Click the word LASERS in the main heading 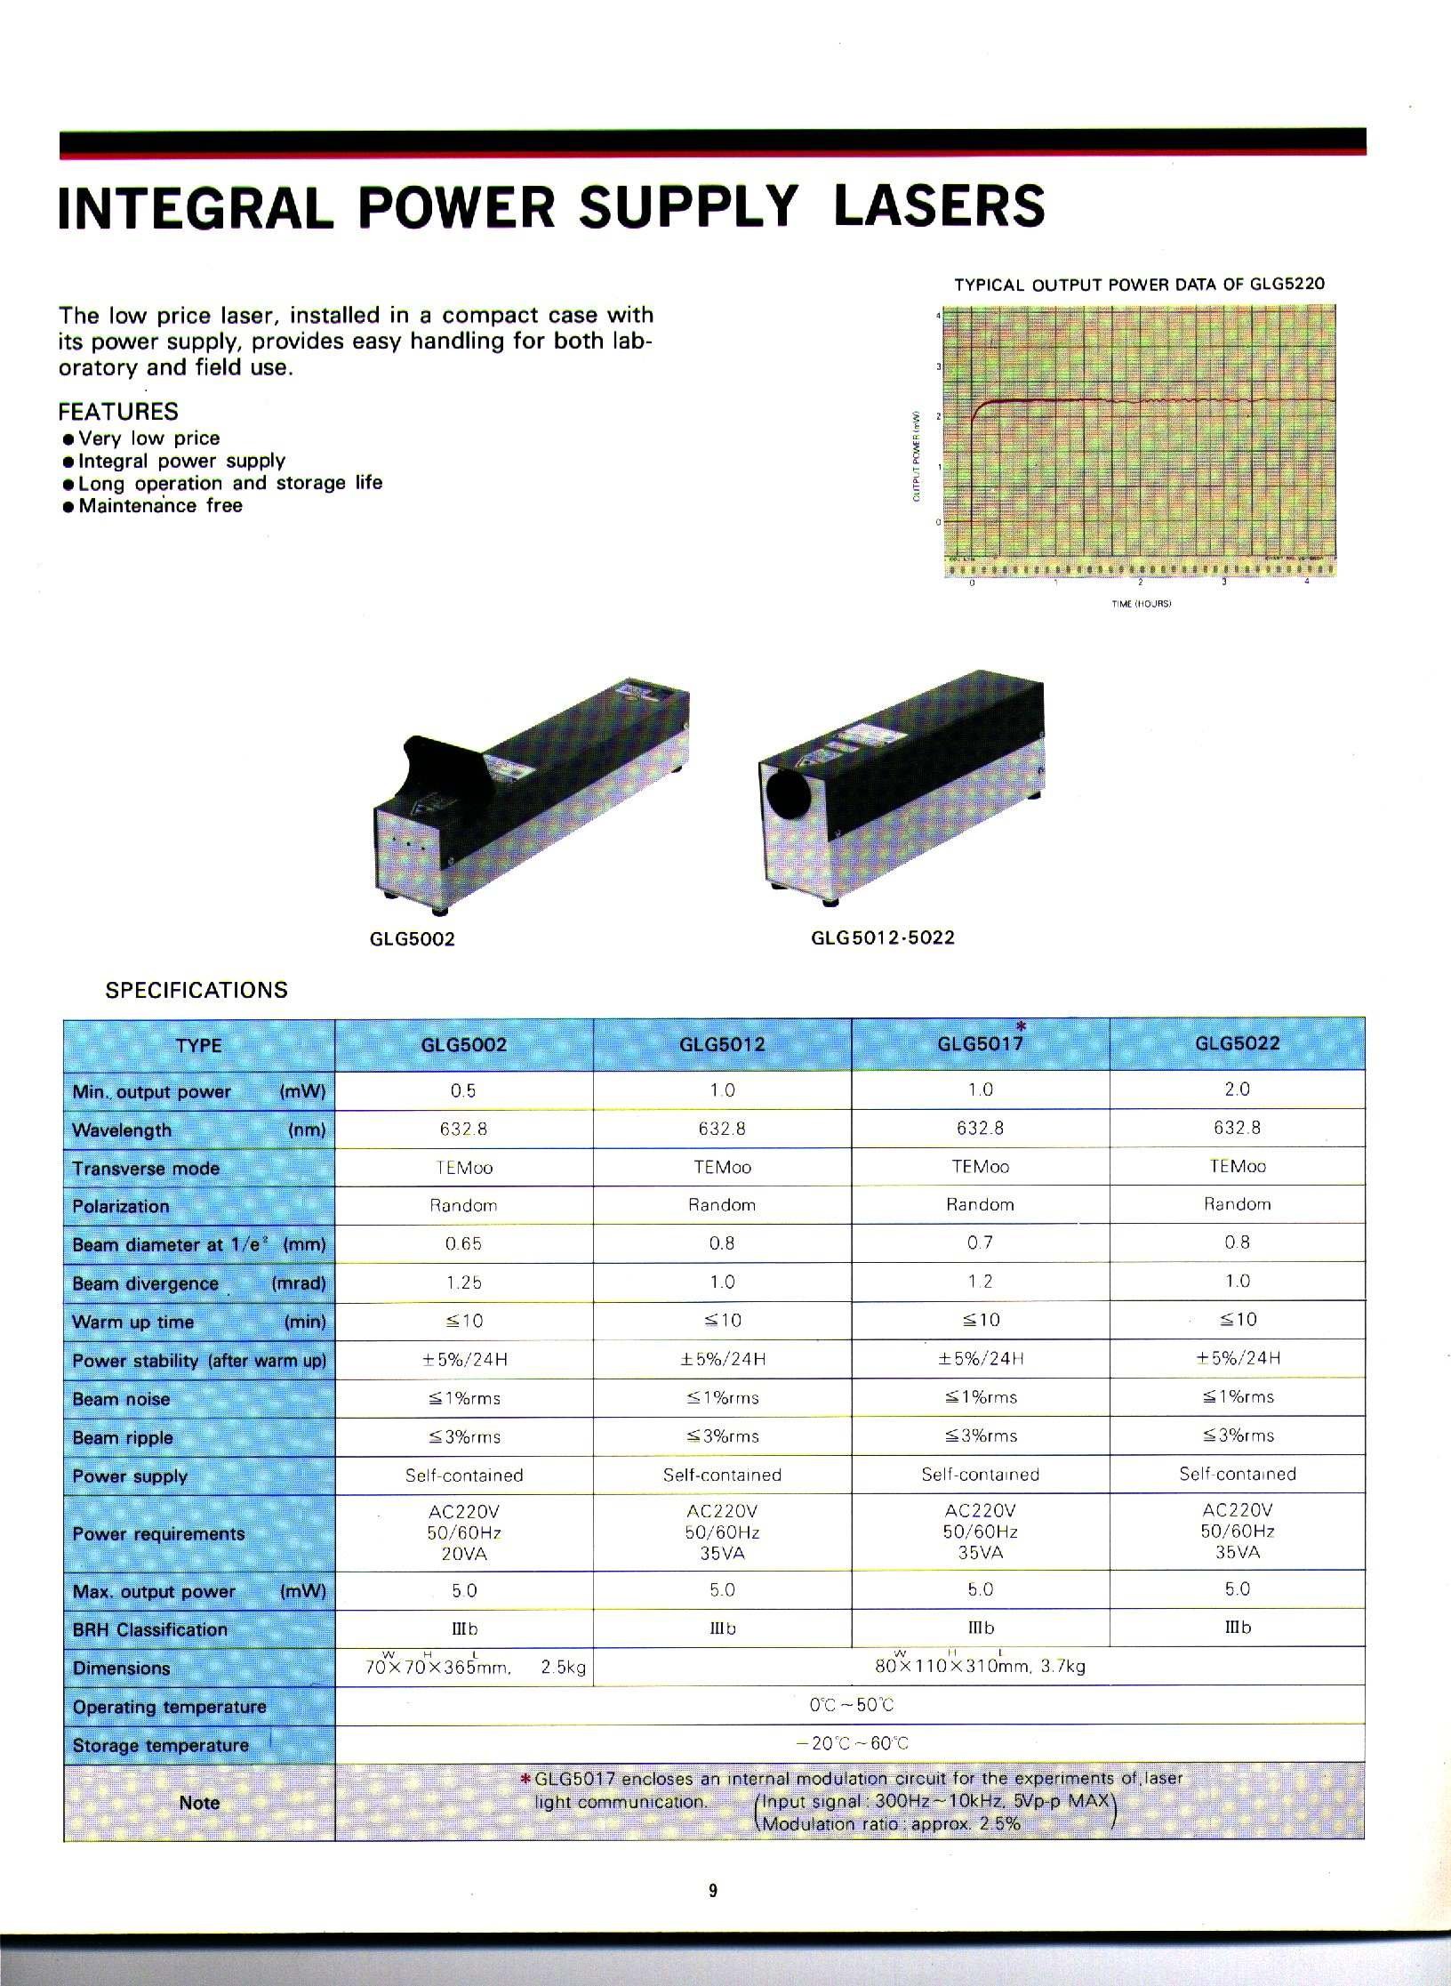pyautogui.click(x=939, y=206)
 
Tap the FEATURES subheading pyautogui.click(x=118, y=412)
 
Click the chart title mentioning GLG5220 pyautogui.click(x=1139, y=285)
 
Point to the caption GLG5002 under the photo pyautogui.click(x=412, y=939)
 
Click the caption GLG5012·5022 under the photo pyautogui.click(x=883, y=937)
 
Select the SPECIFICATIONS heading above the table pyautogui.click(x=196, y=991)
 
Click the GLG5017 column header pyautogui.click(x=980, y=1044)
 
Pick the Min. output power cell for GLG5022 pyautogui.click(x=1237, y=1089)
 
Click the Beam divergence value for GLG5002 pyautogui.click(x=463, y=1282)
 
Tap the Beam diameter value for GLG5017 pyautogui.click(x=980, y=1243)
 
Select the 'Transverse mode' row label pyautogui.click(x=146, y=1169)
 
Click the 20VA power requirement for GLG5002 pyautogui.click(x=463, y=1554)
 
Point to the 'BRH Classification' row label pyautogui.click(x=150, y=1629)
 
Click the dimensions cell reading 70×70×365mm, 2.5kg pyautogui.click(x=475, y=1668)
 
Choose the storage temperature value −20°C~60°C pyautogui.click(x=851, y=1743)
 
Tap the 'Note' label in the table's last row pyautogui.click(x=199, y=1803)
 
